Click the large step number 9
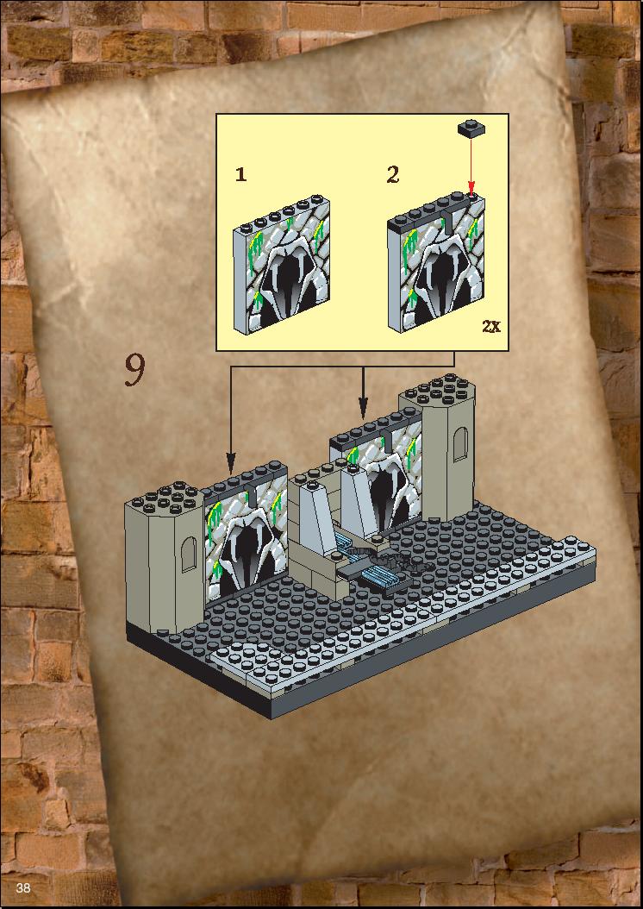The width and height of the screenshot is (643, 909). tap(134, 370)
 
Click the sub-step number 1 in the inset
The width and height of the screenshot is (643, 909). tap(241, 174)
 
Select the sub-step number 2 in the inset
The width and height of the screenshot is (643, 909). tap(393, 174)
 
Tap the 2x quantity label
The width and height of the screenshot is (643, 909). tap(491, 326)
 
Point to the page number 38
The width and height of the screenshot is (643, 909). tap(23, 887)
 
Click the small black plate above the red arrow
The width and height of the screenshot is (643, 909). tap(471, 129)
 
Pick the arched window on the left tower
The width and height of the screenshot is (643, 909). tap(189, 555)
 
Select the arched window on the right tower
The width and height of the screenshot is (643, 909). tap(460, 444)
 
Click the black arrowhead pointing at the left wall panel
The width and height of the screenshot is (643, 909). tap(230, 464)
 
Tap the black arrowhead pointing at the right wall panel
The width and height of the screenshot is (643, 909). tap(363, 409)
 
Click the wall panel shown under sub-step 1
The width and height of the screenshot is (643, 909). tap(282, 265)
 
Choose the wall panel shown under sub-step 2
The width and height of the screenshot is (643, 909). tap(436, 264)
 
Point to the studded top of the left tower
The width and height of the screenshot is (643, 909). tap(164, 498)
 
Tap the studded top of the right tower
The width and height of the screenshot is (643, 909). tap(438, 389)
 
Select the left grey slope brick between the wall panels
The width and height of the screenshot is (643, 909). tap(316, 515)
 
